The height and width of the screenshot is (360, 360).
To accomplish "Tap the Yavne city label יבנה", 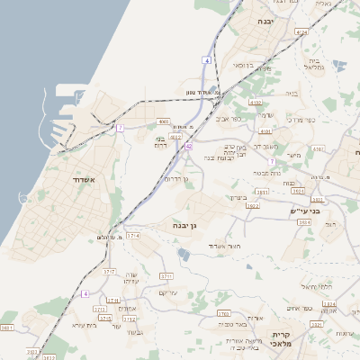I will (265, 21).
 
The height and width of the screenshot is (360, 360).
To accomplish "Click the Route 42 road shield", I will (189, 145).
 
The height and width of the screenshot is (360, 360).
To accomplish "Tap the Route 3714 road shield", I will (134, 235).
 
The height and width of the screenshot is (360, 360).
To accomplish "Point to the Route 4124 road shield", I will (301, 32).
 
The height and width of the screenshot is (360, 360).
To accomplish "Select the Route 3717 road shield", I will (110, 270).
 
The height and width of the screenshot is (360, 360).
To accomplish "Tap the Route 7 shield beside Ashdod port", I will (120, 128).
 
